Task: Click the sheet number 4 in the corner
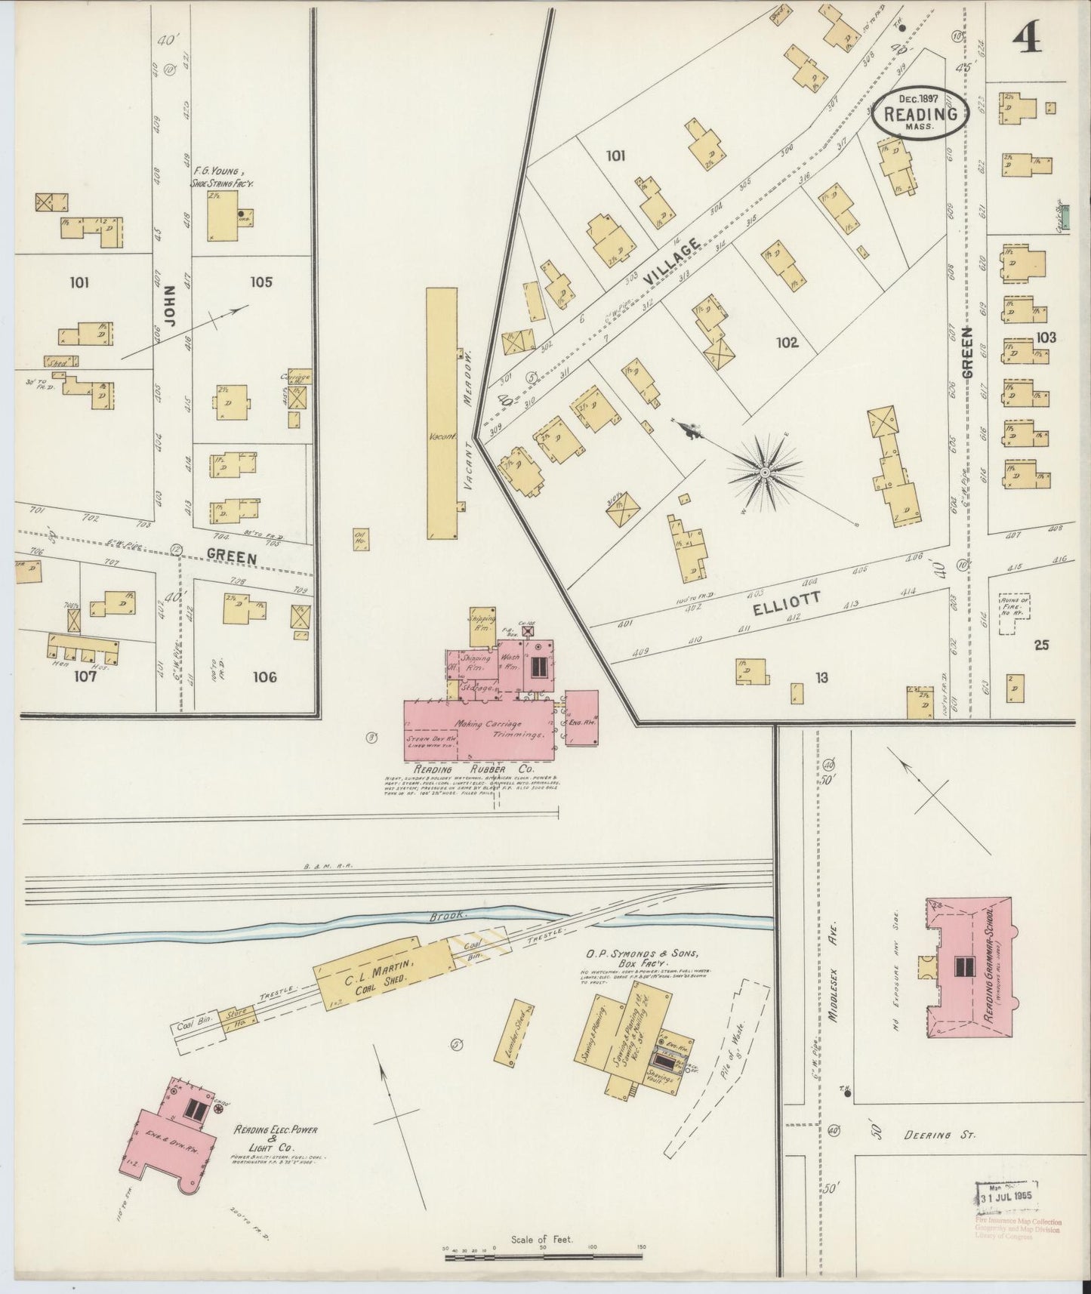pos(1028,35)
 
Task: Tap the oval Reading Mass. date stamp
pos(918,115)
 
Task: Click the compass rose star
pos(764,473)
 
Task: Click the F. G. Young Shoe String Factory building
pos(223,215)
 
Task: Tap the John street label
pos(170,305)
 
